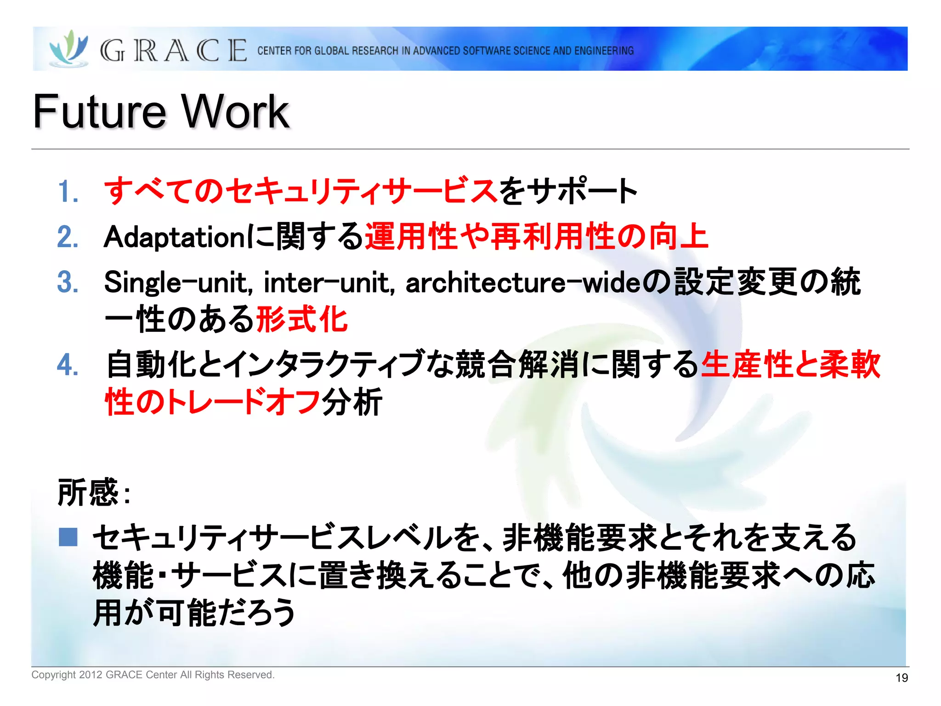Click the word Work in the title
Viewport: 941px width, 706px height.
(x=235, y=111)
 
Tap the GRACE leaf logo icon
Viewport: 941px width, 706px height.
(x=69, y=49)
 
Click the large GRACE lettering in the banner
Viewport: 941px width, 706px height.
(x=174, y=51)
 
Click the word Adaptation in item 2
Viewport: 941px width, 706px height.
(x=175, y=237)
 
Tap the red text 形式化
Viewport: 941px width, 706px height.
(x=301, y=319)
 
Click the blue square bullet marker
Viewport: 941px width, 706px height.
(x=68, y=537)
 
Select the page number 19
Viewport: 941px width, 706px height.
(x=901, y=678)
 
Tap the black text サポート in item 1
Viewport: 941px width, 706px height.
(x=581, y=191)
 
